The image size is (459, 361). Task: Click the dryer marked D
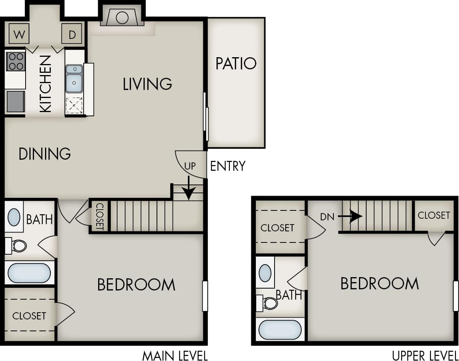[x=72, y=35]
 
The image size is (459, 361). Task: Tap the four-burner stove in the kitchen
[x=16, y=61]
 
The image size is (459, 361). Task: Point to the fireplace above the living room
[x=122, y=18]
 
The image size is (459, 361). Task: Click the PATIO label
[x=236, y=64]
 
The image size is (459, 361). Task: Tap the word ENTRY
[x=228, y=166]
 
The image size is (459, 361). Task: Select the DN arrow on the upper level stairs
[x=350, y=217]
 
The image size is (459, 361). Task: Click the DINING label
[x=45, y=154]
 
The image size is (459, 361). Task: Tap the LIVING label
[x=147, y=84]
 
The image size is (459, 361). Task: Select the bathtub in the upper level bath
[x=280, y=330]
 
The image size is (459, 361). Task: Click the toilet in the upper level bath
[x=270, y=303]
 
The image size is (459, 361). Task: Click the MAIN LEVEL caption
[x=175, y=356]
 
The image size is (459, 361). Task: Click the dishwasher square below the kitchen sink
[x=74, y=106]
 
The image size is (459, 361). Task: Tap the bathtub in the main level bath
[x=29, y=273]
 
